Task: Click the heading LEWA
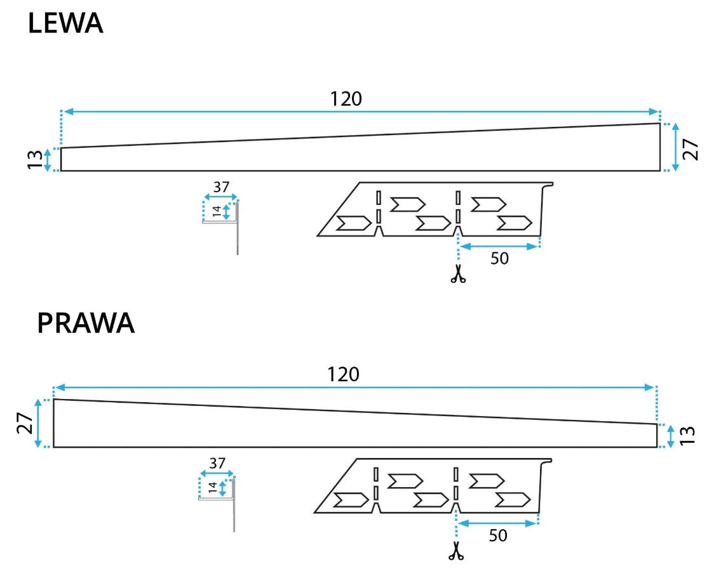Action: pyautogui.click(x=65, y=24)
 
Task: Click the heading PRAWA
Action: pyautogui.click(x=86, y=323)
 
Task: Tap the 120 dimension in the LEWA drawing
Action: pyautogui.click(x=346, y=99)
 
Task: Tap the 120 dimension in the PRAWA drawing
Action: pyautogui.click(x=344, y=374)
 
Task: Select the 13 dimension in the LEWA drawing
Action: pyautogui.click(x=35, y=159)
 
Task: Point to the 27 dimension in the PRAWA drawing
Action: pyautogui.click(x=24, y=424)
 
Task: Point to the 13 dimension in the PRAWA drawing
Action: pyautogui.click(x=688, y=435)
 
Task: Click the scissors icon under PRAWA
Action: pyautogui.click(x=455, y=551)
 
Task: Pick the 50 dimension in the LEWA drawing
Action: pyautogui.click(x=500, y=259)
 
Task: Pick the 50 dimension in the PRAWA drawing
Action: pyautogui.click(x=498, y=536)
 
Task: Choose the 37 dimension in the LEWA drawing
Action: pyautogui.click(x=221, y=187)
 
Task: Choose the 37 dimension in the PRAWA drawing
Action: pyautogui.click(x=217, y=463)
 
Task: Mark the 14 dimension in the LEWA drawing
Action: pyautogui.click(x=216, y=211)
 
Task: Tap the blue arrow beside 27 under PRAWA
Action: pyautogui.click(x=39, y=424)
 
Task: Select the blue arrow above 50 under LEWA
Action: pyautogui.click(x=499, y=245)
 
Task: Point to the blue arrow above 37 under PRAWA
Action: pyautogui.click(x=217, y=473)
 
